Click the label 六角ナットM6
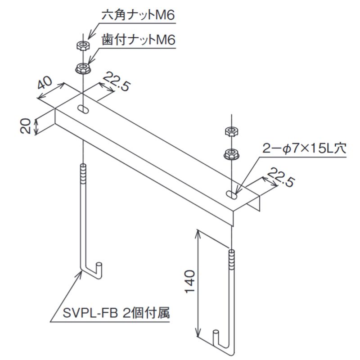tap(138, 15)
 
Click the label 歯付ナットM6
tap(139, 40)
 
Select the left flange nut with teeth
tap(83, 68)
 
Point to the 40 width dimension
tap(45, 83)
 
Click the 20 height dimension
tap(26, 126)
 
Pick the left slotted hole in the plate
tap(83, 109)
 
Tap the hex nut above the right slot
tap(231, 132)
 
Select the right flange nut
tap(231, 154)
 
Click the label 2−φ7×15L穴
tap(304, 148)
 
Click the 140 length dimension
tap(190, 282)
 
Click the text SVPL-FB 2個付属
tap(116, 313)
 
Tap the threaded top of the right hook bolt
tap(232, 260)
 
